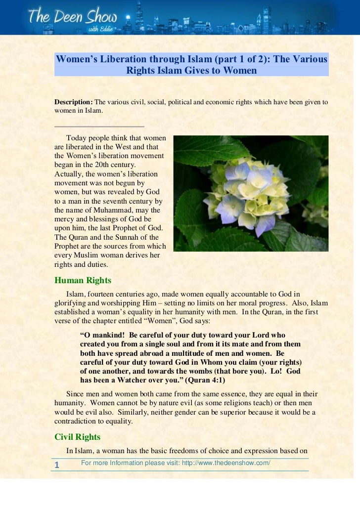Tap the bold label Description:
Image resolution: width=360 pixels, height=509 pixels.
point(73,102)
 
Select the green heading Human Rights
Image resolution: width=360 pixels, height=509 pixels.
point(83,280)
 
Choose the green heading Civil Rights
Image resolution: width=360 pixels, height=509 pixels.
point(77,437)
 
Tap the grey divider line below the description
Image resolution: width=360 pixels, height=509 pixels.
point(99,127)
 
